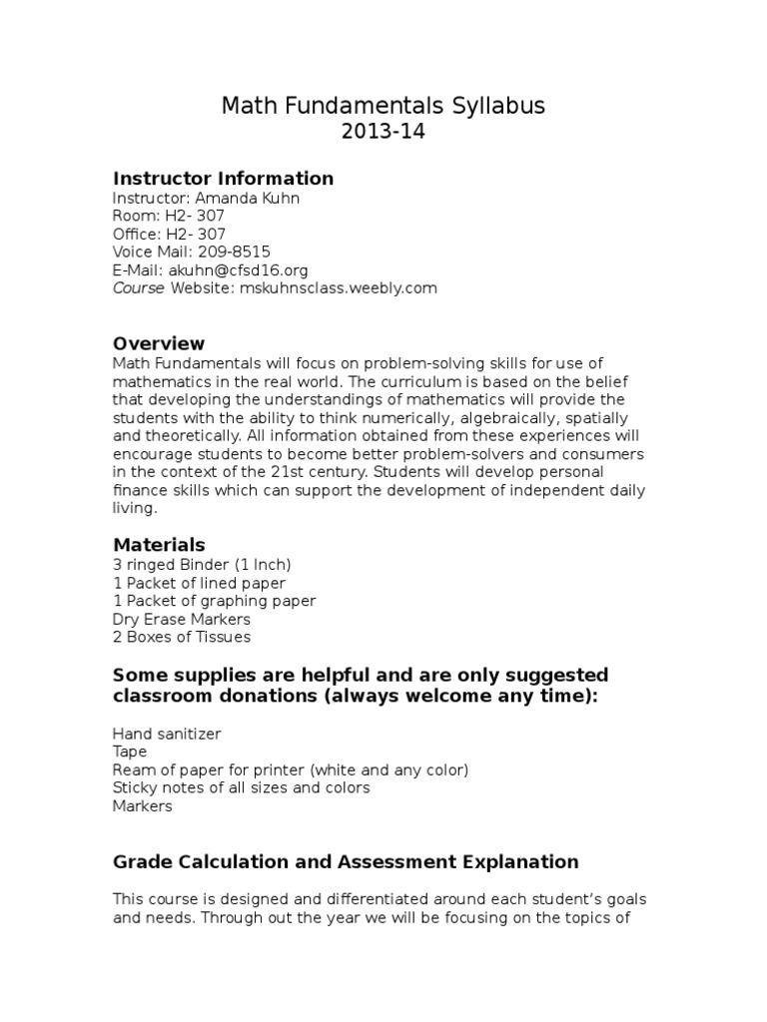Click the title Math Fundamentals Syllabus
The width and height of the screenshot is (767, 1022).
(383, 106)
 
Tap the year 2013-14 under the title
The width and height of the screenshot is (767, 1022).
(383, 132)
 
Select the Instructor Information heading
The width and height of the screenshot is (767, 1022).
(223, 179)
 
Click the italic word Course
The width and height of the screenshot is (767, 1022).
(139, 287)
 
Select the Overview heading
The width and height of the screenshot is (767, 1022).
(159, 344)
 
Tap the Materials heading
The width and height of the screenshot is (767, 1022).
(159, 545)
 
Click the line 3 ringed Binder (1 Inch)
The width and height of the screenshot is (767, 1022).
(202, 565)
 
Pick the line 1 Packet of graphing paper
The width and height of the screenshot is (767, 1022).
(215, 601)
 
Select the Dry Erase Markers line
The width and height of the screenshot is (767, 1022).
(182, 619)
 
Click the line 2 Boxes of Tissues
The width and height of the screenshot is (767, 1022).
(182, 637)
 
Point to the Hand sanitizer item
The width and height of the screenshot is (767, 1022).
(167, 734)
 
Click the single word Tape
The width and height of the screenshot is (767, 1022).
(130, 752)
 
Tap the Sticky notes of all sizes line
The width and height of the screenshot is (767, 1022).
(242, 787)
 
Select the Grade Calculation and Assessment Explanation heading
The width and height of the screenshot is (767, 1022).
(346, 861)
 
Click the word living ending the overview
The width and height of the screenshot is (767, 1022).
(134, 508)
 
